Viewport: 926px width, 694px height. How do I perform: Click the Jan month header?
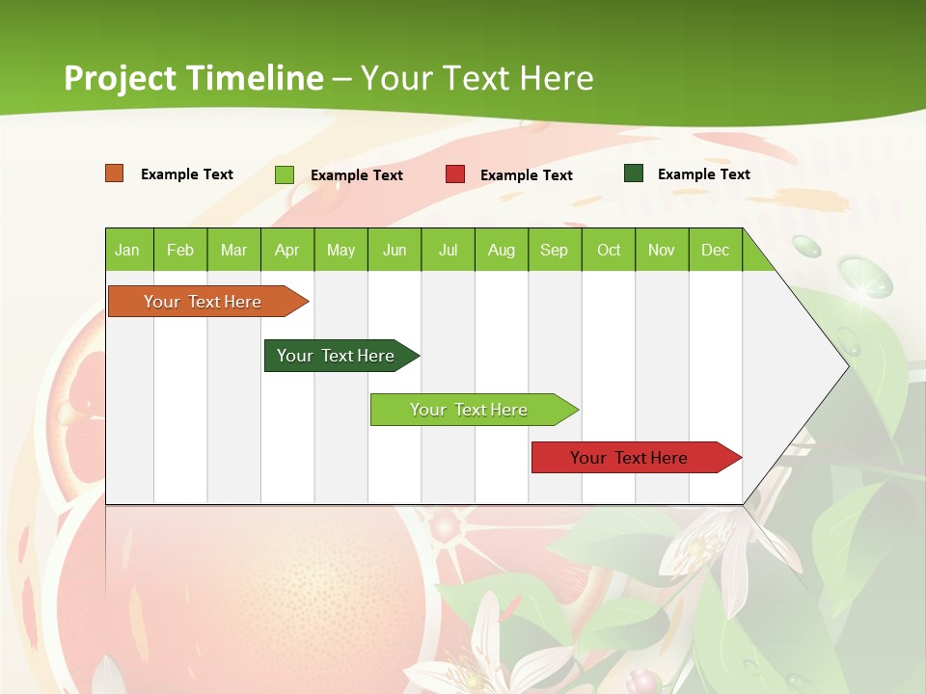pyautogui.click(x=127, y=250)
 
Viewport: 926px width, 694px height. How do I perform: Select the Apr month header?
pyautogui.click(x=286, y=250)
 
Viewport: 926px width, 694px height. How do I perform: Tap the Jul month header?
pyautogui.click(x=448, y=250)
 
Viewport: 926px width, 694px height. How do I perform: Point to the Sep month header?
pyautogui.click(x=554, y=250)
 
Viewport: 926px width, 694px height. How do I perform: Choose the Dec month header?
pyautogui.click(x=715, y=250)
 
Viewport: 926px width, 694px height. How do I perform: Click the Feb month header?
pyautogui.click(x=180, y=250)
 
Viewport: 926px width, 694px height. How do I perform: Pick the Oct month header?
pyautogui.click(x=609, y=250)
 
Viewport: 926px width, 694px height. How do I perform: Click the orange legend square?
pyautogui.click(x=115, y=173)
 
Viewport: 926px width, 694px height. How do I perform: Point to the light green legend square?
pyautogui.click(x=285, y=174)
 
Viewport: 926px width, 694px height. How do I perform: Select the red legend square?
pyautogui.click(x=455, y=174)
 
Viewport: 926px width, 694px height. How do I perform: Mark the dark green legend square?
pyautogui.click(x=634, y=173)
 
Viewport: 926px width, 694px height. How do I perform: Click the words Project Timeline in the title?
pyautogui.click(x=193, y=78)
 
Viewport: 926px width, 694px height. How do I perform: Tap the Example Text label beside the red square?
pyautogui.click(x=526, y=175)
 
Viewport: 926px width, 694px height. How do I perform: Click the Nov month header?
pyautogui.click(x=662, y=250)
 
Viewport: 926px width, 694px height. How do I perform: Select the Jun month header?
pyautogui.click(x=395, y=250)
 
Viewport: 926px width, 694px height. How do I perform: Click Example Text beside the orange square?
pyautogui.click(x=187, y=174)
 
